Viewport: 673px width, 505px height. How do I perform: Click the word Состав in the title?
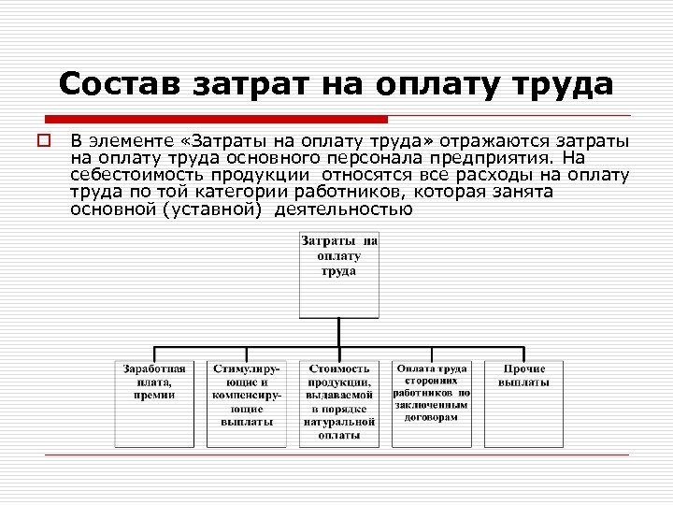[x=121, y=85]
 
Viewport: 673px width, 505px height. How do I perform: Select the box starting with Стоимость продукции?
[x=338, y=402]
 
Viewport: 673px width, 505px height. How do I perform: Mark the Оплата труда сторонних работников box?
[x=431, y=402]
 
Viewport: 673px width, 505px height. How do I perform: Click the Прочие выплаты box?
[x=523, y=402]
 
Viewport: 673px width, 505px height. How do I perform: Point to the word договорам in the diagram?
[x=431, y=418]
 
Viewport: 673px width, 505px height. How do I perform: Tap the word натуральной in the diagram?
[x=338, y=421]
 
